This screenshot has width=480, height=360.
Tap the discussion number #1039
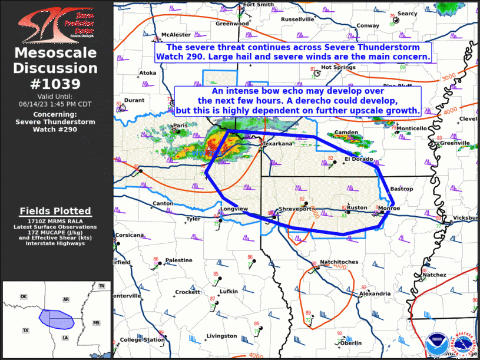[55, 84]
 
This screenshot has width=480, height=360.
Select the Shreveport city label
[294, 209]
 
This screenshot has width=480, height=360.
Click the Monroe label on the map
[389, 209]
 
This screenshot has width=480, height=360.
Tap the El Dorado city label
[359, 158]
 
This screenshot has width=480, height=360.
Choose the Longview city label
[234, 209]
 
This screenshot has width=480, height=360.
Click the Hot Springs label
[338, 67]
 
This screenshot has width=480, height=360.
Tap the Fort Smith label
[258, 4]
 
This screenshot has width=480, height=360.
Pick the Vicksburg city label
[465, 218]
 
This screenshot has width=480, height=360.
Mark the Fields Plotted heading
[55, 211]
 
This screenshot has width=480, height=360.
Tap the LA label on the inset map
[65, 338]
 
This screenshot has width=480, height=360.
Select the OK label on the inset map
[24, 296]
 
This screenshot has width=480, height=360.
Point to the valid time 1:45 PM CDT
[55, 104]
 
